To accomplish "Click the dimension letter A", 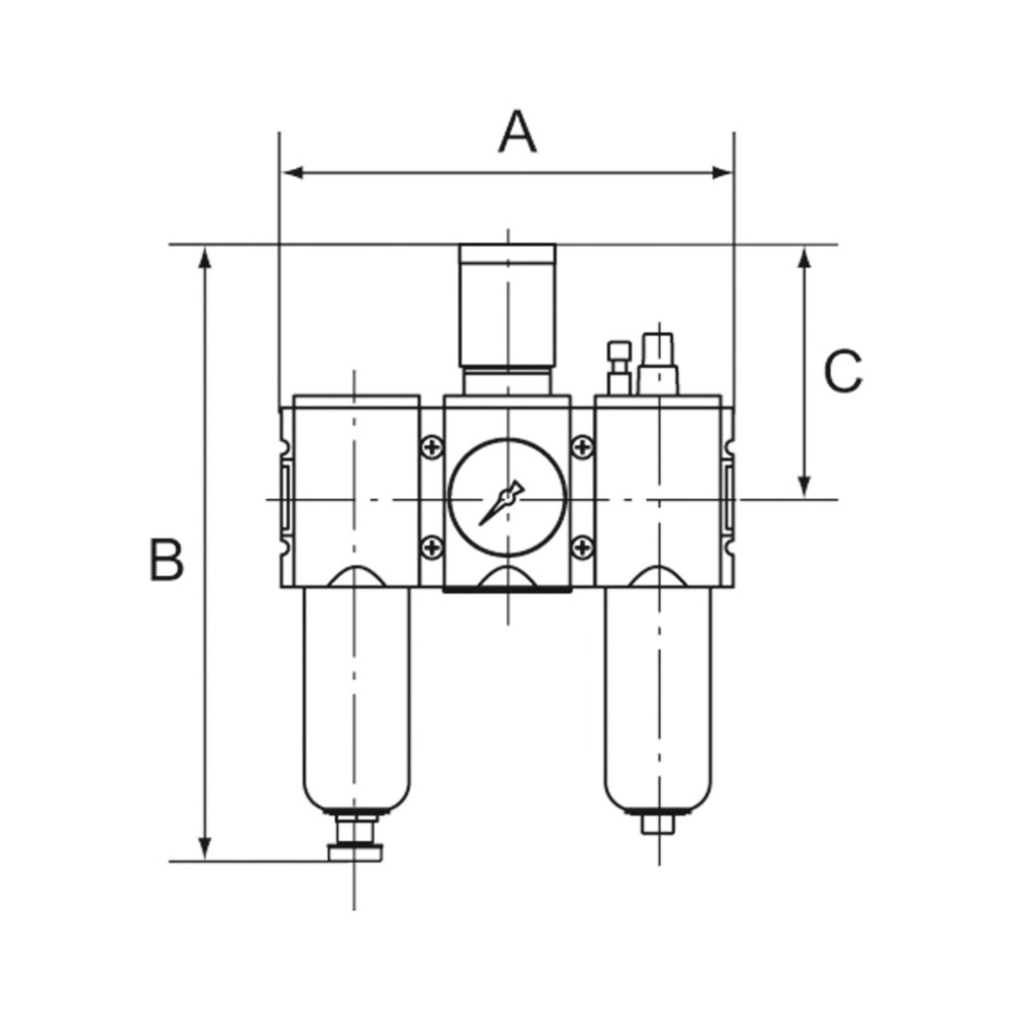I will pos(517,133).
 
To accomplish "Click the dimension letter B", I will pos(166,560).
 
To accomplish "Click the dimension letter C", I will pos(843,373).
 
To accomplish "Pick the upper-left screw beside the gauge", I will pos(432,449).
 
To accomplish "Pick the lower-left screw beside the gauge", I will pos(432,545).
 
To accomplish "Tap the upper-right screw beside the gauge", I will pos(583,449).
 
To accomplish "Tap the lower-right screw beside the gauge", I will pos(583,545).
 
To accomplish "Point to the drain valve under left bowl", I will pos(353,840).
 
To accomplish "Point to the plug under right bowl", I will pos(657,823).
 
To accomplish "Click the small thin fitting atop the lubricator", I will pos(619,367).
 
